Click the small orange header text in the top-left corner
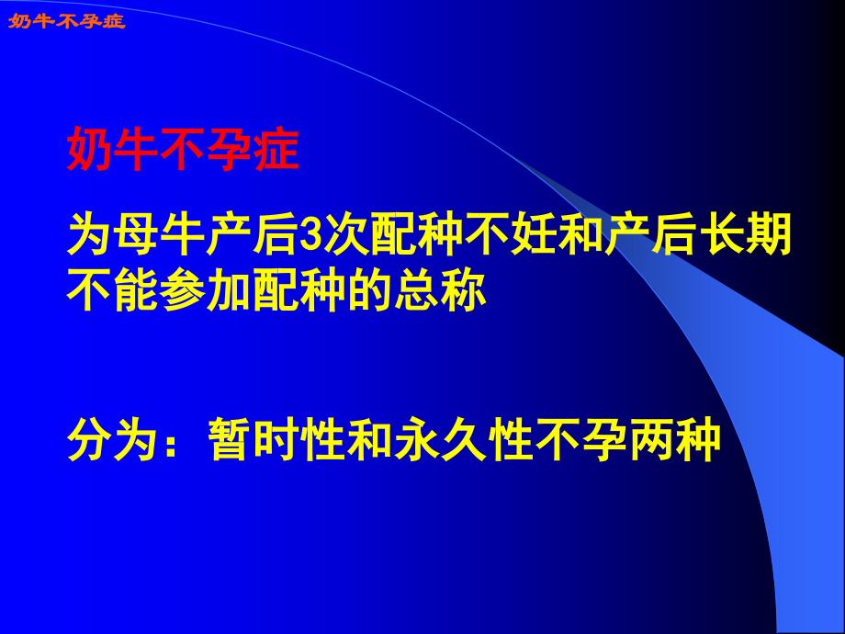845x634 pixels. click(66, 20)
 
